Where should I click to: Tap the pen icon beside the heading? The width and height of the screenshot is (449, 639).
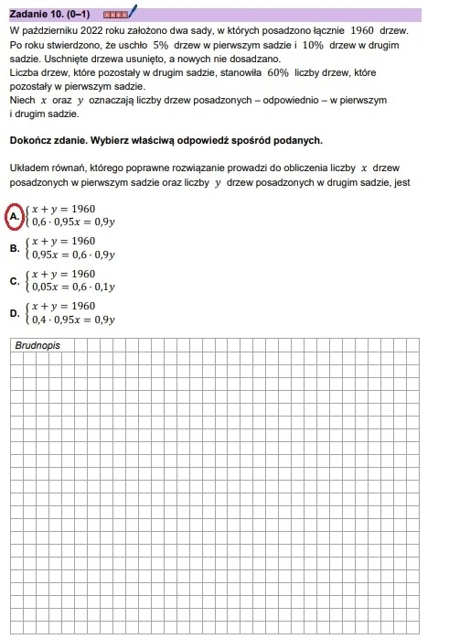pos(132,12)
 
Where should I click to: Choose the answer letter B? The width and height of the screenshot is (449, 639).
pos(15,248)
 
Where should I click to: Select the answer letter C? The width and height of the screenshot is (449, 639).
pos(15,281)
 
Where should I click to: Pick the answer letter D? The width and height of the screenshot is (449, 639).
pos(15,312)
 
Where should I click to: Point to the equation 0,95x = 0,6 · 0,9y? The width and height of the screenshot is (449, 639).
pos(74,255)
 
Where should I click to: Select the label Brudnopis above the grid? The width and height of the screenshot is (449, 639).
pos(37,346)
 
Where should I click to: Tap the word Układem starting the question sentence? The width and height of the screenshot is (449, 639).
pos(28,169)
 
